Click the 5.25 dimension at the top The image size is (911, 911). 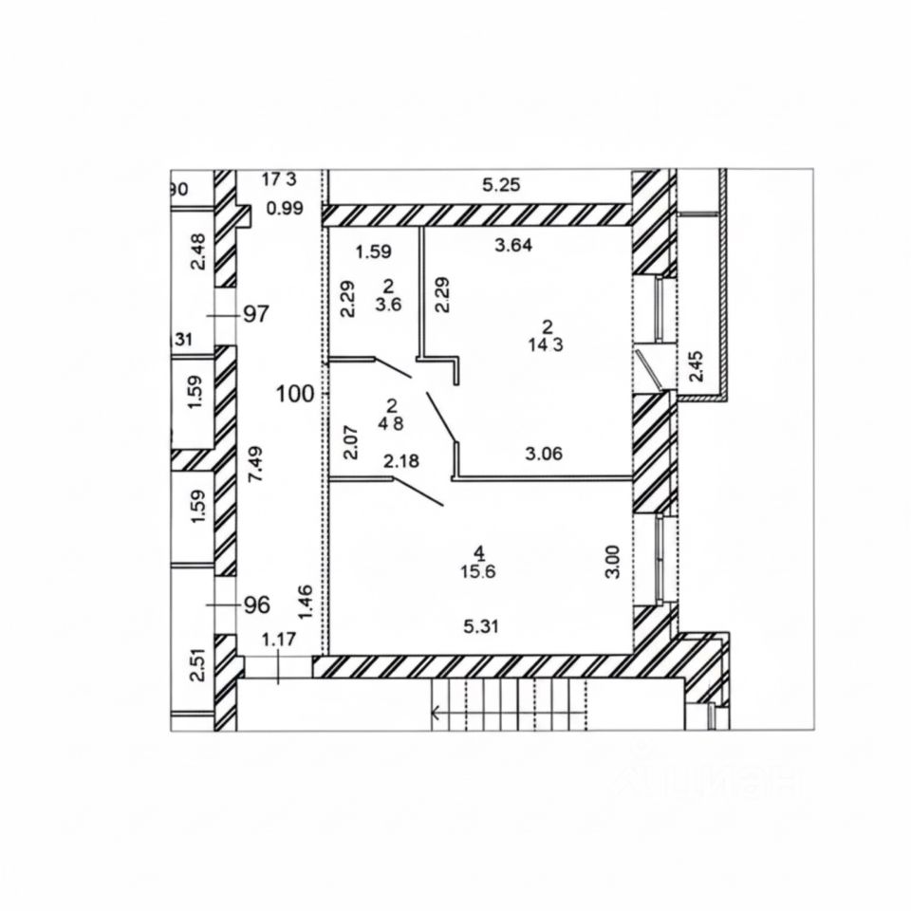[x=502, y=186]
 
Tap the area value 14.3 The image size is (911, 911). [x=546, y=344]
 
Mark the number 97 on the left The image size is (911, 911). [x=257, y=315]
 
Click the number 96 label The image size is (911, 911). [x=257, y=604]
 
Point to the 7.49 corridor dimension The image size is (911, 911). [x=254, y=466]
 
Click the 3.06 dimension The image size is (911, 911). [x=545, y=453]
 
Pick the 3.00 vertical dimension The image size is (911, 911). [x=614, y=560]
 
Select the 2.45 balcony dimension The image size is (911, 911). [x=697, y=365]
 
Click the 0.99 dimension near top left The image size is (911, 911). [x=285, y=209]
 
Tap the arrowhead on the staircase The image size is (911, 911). [x=437, y=713]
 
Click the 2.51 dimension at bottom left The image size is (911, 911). [x=197, y=663]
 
